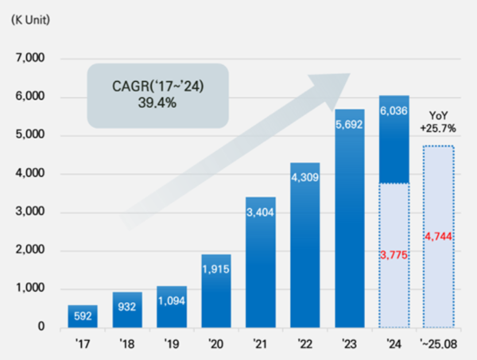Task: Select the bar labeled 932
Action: pyautogui.click(x=126, y=310)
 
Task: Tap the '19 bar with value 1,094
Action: pyautogui.click(x=172, y=307)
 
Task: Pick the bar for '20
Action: pyautogui.click(x=216, y=291)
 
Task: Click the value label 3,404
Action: pyautogui.click(x=262, y=211)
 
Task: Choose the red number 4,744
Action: pyautogui.click(x=439, y=235)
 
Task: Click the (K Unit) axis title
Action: pyautogui.click(x=30, y=18)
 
